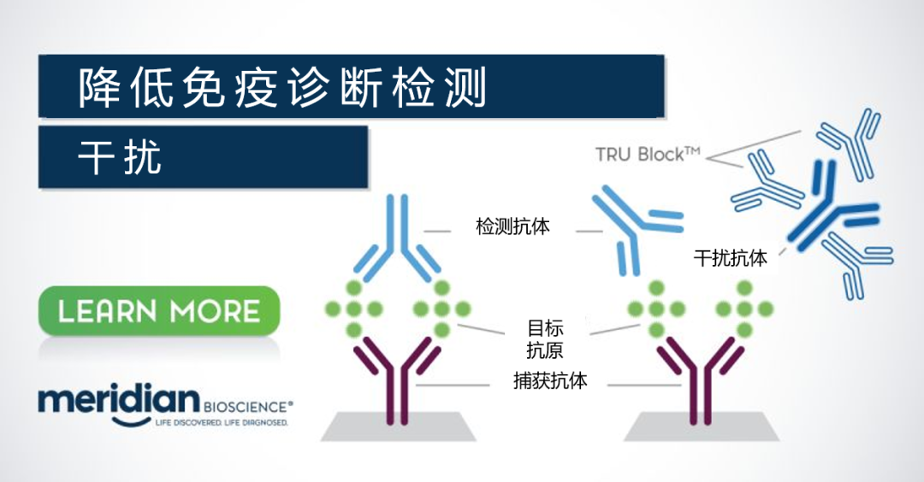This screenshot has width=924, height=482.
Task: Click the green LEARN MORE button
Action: point(159,310)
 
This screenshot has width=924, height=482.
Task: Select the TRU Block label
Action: point(648,154)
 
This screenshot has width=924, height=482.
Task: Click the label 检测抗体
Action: point(512,227)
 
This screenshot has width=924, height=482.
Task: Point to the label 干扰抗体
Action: point(731,258)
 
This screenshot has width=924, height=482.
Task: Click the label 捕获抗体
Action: point(550,381)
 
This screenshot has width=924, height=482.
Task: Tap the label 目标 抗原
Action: point(546,338)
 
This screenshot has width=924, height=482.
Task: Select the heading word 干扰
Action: point(120,157)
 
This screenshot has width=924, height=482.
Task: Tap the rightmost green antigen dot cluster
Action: point(743,308)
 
